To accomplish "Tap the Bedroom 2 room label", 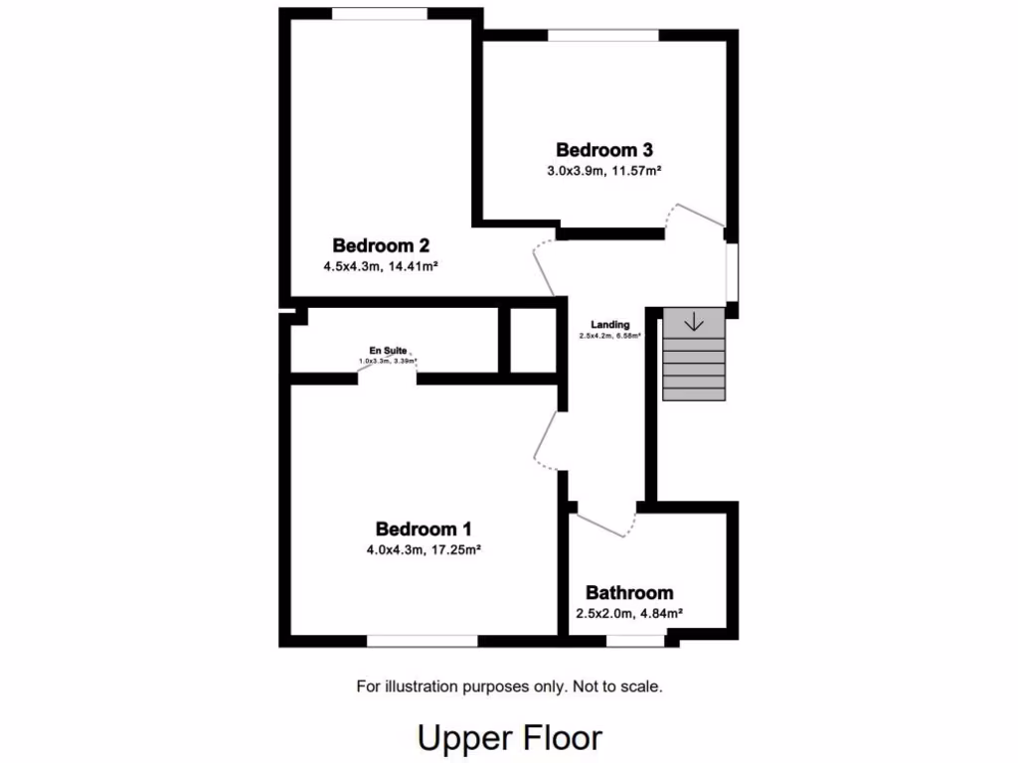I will (x=381, y=245).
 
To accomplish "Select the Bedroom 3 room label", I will (x=604, y=150).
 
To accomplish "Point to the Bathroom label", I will (x=629, y=593).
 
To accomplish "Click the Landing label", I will (x=609, y=325).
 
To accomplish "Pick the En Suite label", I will (x=388, y=351).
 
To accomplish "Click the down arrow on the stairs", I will (x=694, y=322).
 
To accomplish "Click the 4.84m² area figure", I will (x=660, y=614).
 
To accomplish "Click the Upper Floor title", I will (x=509, y=738).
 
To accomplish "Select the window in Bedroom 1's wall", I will (x=422, y=642).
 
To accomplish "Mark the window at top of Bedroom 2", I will (x=380, y=14).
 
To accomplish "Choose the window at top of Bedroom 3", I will (x=602, y=36).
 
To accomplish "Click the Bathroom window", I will (x=636, y=642).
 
